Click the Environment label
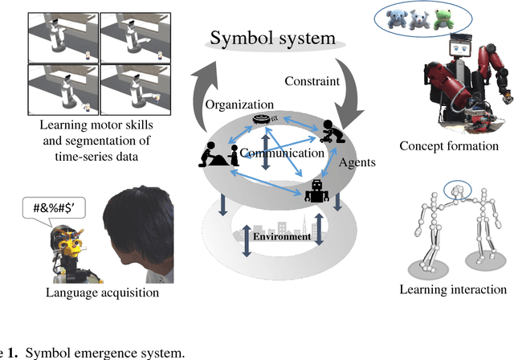[281, 236]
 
